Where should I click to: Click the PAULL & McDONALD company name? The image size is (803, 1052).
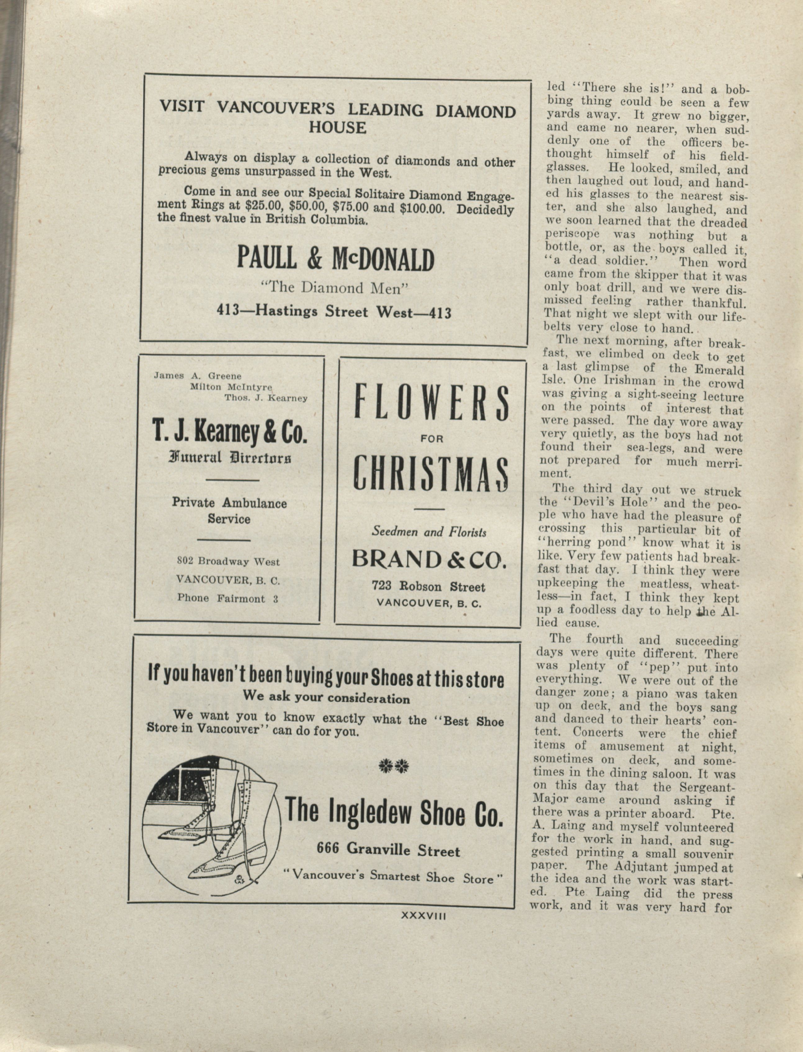click(336, 260)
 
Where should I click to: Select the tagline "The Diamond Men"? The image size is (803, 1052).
click(335, 288)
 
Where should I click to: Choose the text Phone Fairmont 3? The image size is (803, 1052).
click(228, 599)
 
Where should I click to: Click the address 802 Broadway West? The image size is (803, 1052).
click(228, 562)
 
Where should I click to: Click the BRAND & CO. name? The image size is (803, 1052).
click(429, 559)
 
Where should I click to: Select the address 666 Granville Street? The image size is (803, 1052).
click(388, 850)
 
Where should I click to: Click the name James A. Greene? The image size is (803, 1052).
click(197, 376)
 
